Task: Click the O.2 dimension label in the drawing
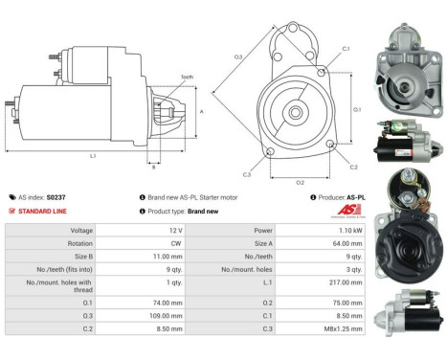point(300,181)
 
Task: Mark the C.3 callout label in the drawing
point(247,174)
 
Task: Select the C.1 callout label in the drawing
point(346,48)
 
